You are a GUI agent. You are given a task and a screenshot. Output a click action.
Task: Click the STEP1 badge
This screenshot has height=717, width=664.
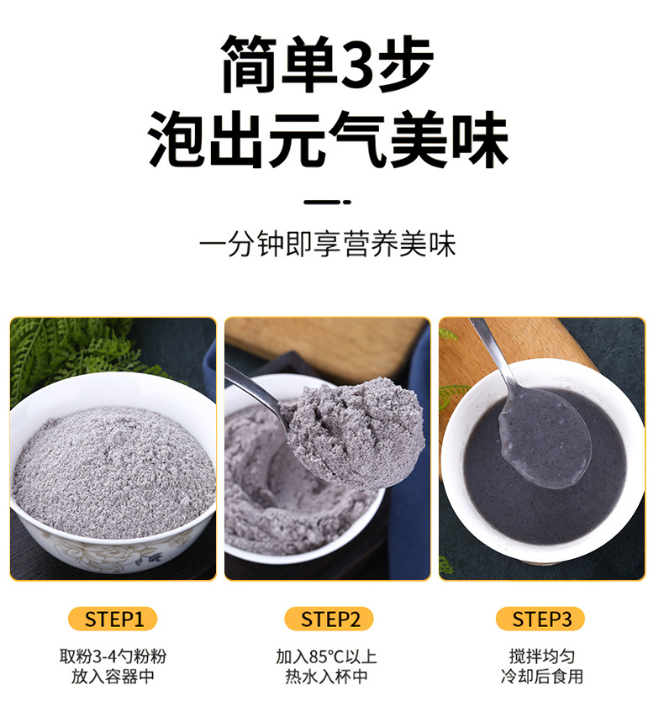(113, 619)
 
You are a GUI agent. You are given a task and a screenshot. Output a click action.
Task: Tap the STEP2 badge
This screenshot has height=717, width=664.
(329, 619)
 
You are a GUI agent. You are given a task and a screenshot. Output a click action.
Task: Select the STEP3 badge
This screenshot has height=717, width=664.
(540, 619)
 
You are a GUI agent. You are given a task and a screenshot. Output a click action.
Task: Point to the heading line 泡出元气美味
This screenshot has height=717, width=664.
(328, 139)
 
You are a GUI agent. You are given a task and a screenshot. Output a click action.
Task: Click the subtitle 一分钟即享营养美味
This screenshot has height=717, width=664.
(328, 244)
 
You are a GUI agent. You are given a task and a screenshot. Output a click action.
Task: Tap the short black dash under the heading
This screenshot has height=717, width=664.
(328, 202)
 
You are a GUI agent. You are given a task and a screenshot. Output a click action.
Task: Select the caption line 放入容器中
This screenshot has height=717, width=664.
(113, 677)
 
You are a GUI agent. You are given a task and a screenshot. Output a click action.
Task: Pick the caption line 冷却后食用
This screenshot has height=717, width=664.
(542, 677)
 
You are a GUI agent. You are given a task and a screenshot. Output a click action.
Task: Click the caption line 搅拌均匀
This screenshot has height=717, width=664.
(542, 656)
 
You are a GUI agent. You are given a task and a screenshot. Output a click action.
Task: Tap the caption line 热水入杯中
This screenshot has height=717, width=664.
(326, 677)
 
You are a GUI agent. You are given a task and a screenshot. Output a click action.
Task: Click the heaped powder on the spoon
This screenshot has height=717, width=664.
(355, 432)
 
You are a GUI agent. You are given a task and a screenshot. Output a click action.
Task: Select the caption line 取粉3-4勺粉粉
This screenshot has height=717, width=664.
(113, 656)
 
